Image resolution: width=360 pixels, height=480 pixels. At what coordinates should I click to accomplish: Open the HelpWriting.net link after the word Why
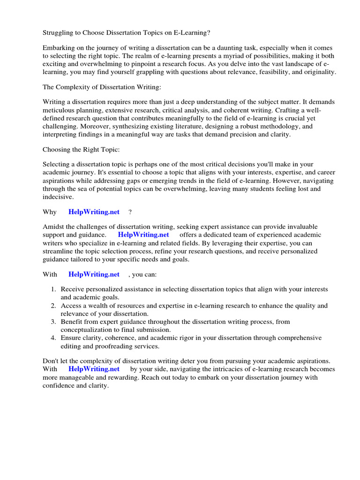94,212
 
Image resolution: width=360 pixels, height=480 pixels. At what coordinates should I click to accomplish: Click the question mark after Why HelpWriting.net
130,212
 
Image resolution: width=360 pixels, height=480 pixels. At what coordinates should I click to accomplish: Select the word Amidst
53,227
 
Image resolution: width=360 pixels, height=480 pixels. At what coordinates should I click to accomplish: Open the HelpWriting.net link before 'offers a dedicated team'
143,235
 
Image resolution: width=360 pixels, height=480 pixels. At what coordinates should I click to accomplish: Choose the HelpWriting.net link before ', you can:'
94,274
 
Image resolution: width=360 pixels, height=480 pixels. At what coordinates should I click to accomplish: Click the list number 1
53,290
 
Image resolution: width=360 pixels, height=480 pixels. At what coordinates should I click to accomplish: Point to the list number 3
53,322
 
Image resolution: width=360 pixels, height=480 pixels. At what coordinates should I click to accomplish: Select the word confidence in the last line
59,385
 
